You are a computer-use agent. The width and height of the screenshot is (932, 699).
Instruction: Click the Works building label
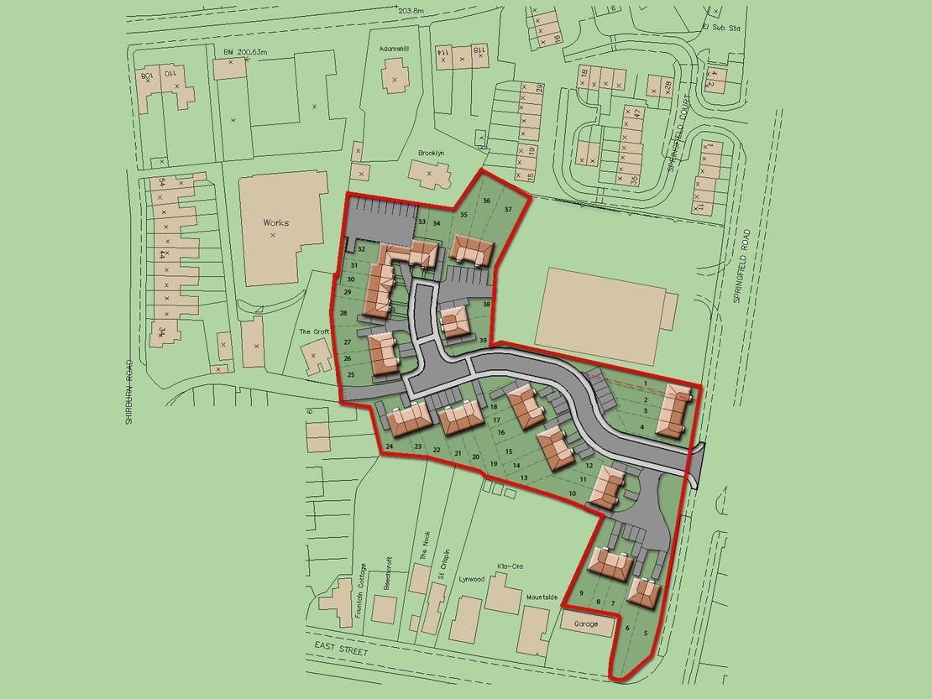pos(275,222)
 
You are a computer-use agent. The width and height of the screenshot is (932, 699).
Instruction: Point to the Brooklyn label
pos(431,153)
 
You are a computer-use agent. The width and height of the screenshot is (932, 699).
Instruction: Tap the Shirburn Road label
pos(129,392)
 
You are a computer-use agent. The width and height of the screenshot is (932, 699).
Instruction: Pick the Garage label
pos(587,625)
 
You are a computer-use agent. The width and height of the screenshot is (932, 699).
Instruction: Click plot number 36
pos(485,201)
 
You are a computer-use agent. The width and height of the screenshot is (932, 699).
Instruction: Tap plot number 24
pos(390,446)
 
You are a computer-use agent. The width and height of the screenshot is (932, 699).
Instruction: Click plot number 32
pos(360,249)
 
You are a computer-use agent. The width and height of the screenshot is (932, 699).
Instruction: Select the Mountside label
pos(542,597)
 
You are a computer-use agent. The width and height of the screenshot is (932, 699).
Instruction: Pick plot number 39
pos(484,340)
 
